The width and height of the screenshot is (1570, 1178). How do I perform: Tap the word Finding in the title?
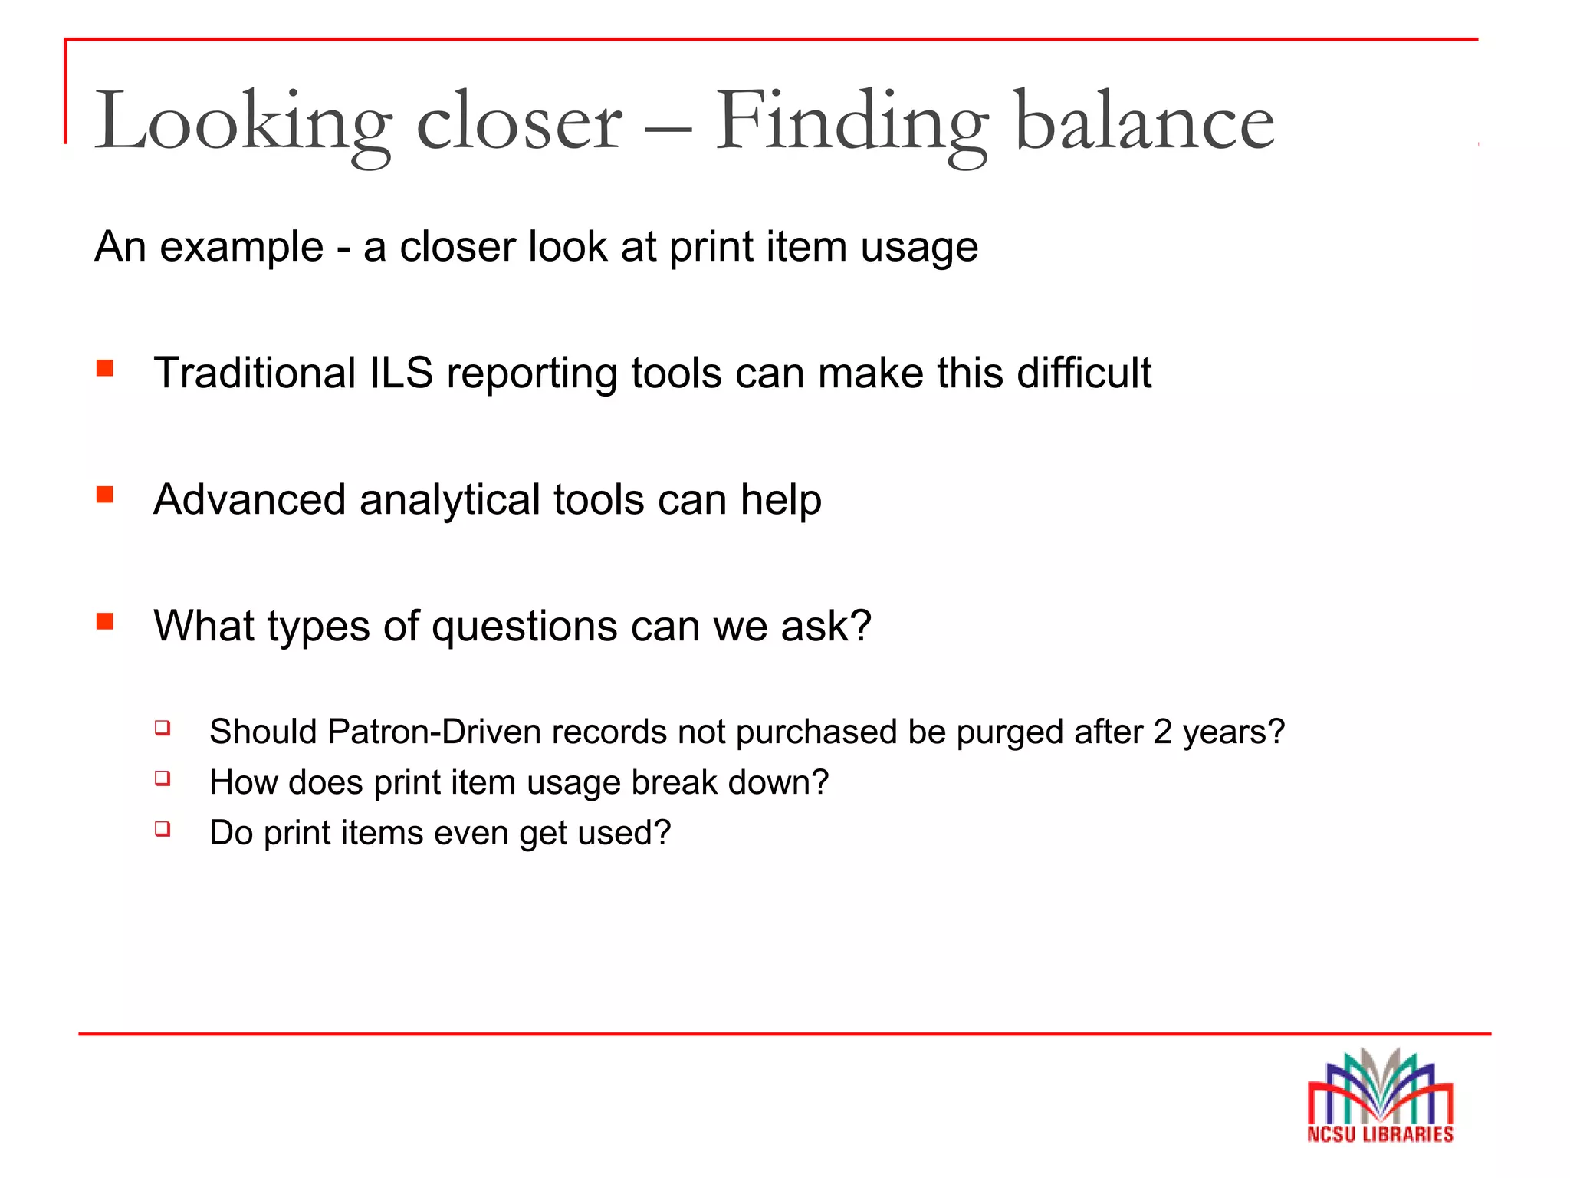pos(852,123)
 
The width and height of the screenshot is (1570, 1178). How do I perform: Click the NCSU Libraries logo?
pos(1380,1097)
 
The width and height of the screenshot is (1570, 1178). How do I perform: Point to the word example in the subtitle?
pos(241,248)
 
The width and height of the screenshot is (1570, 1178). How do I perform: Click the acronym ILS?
pos(401,373)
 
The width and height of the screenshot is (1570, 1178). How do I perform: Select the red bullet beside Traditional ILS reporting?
pos(105,369)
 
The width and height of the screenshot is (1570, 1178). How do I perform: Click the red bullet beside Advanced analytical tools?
pos(105,495)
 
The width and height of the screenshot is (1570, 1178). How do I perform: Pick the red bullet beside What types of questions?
pos(105,621)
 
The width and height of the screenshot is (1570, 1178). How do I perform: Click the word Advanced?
pos(250,500)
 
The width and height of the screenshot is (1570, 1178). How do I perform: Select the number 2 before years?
pos(1162,732)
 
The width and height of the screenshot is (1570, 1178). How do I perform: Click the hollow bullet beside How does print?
pos(162,778)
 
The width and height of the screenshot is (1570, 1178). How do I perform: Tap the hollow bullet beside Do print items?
pos(162,828)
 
